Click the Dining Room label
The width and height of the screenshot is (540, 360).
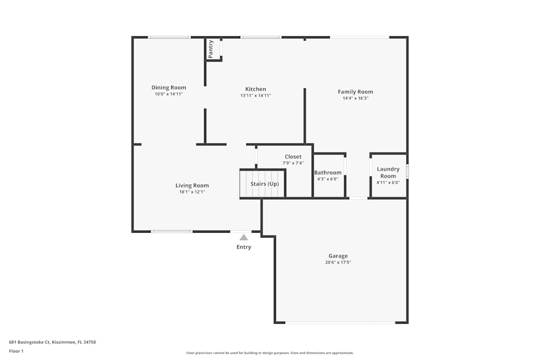168,87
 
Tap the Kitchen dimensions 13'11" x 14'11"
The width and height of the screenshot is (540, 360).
255,96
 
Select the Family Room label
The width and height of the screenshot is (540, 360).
355,92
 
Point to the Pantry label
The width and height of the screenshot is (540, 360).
211,49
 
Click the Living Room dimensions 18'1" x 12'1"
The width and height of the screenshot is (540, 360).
192,192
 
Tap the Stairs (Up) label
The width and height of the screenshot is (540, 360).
265,184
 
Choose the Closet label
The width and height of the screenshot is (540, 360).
293,157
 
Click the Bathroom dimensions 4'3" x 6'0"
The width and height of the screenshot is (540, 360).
327,179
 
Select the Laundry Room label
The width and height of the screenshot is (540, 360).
388,172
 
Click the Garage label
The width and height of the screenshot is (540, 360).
338,256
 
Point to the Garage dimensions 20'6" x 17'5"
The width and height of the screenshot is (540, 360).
338,262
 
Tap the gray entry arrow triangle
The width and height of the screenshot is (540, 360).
244,237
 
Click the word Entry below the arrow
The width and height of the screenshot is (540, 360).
244,247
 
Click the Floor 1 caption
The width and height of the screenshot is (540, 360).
16,351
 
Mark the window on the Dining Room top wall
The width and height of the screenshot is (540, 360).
169,37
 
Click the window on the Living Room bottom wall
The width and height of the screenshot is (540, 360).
172,232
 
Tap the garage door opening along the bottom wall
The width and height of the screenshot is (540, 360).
340,323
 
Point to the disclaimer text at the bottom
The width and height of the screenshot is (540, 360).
270,353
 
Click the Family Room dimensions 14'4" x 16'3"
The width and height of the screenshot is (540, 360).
355,98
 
